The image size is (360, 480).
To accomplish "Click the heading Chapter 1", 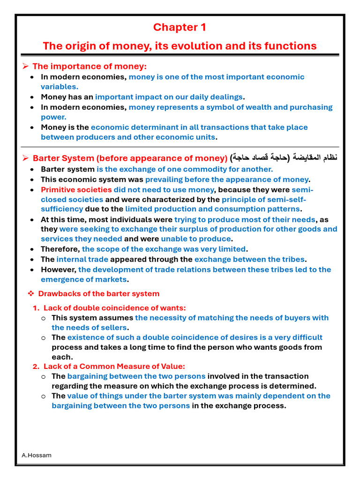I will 180,28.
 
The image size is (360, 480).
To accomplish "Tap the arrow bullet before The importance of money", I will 26,67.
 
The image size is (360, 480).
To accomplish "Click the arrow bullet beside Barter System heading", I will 26,158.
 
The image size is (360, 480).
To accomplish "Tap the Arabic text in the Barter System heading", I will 284,158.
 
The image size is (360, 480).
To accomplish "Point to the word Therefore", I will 60,249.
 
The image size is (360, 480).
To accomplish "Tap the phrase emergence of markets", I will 83,279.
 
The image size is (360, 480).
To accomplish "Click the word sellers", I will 113,328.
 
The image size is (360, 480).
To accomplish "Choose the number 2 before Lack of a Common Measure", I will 36,367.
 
